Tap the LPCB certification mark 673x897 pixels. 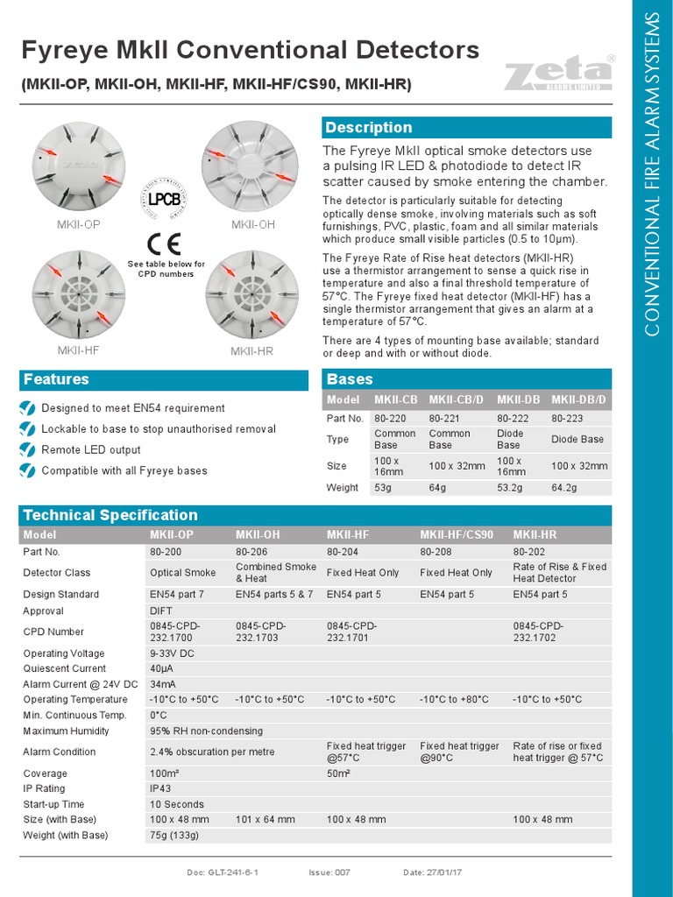pos(163,199)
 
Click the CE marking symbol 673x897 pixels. pos(165,243)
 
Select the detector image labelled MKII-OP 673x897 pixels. pos(79,165)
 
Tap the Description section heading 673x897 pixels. pos(368,128)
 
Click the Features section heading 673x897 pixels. pos(56,380)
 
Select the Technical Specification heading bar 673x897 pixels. pos(110,515)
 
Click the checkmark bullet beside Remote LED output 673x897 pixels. pos(28,449)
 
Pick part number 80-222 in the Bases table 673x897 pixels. pos(512,419)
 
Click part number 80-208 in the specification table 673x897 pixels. pos(436,552)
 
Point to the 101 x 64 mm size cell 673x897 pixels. pos(266,819)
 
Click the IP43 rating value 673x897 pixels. pos(162,788)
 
